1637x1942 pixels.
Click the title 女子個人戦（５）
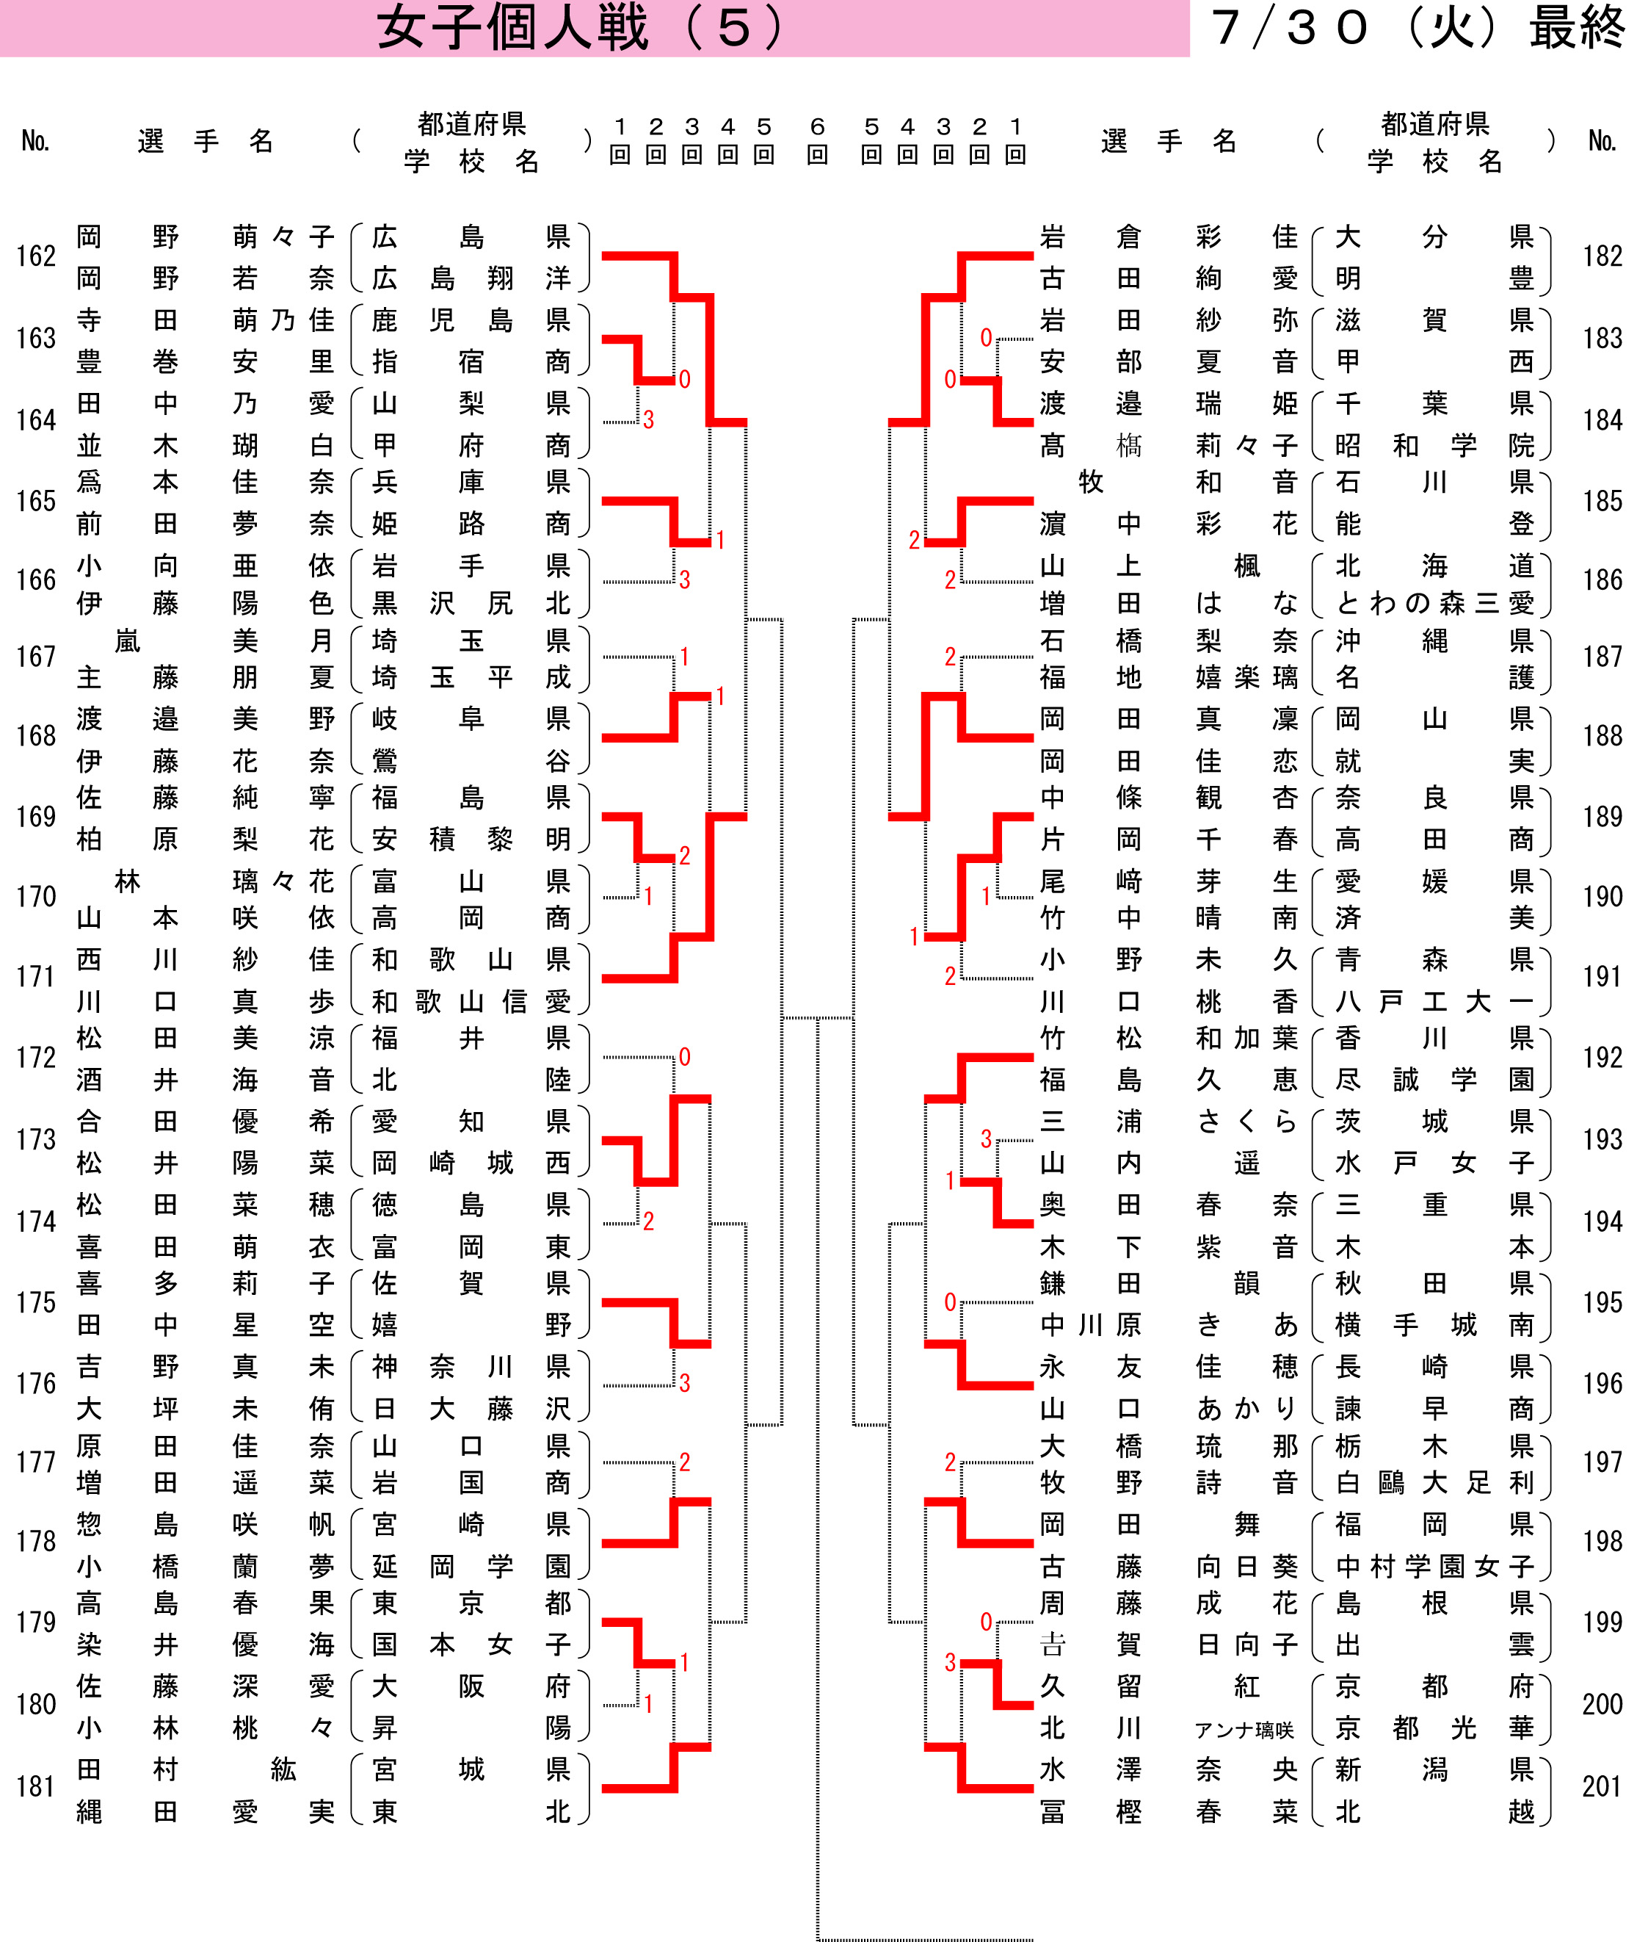pos(581,29)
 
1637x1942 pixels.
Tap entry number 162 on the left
pos(36,256)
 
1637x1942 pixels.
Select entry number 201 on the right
pos(1602,1786)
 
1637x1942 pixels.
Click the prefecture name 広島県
pos(471,238)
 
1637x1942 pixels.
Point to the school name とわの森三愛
pos(1434,604)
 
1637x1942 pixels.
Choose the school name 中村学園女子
pos(1434,1567)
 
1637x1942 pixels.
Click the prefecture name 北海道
pos(1434,566)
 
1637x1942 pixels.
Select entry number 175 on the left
pos(36,1302)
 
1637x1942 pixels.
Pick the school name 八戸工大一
pos(1434,1002)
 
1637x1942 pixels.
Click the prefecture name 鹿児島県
pos(471,320)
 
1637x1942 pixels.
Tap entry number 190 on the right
pos(1602,896)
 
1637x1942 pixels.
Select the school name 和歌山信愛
pos(471,1002)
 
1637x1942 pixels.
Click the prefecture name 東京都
pos(471,1603)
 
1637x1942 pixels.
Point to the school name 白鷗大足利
pos(1434,1484)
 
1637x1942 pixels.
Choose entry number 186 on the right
pos(1602,580)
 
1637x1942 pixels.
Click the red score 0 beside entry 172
pos(684,1056)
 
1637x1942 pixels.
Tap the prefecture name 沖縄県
pos(1434,640)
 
